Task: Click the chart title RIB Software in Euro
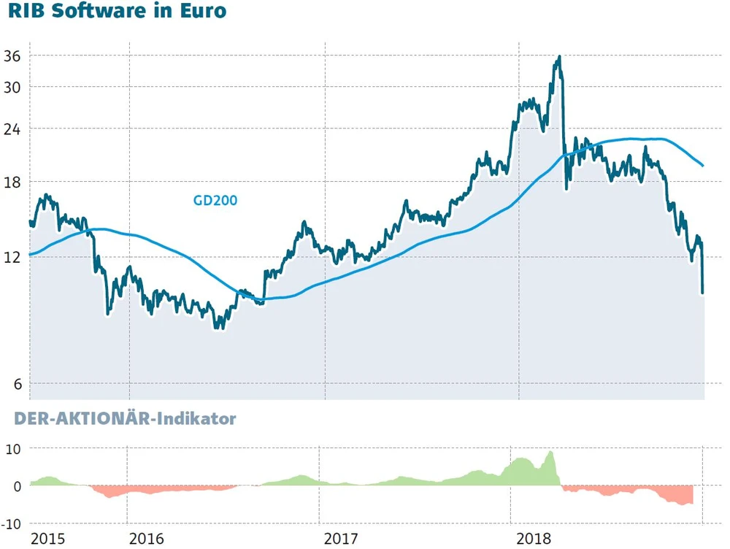[117, 12]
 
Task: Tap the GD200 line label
[215, 199]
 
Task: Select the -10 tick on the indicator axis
[12, 524]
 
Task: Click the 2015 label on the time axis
[47, 539]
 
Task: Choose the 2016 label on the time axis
[146, 539]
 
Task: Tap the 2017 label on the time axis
[341, 539]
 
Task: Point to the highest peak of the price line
[559, 56]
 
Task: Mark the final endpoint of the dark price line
[702, 293]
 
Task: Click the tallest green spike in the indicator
[550, 452]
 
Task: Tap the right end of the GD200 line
[702, 166]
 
